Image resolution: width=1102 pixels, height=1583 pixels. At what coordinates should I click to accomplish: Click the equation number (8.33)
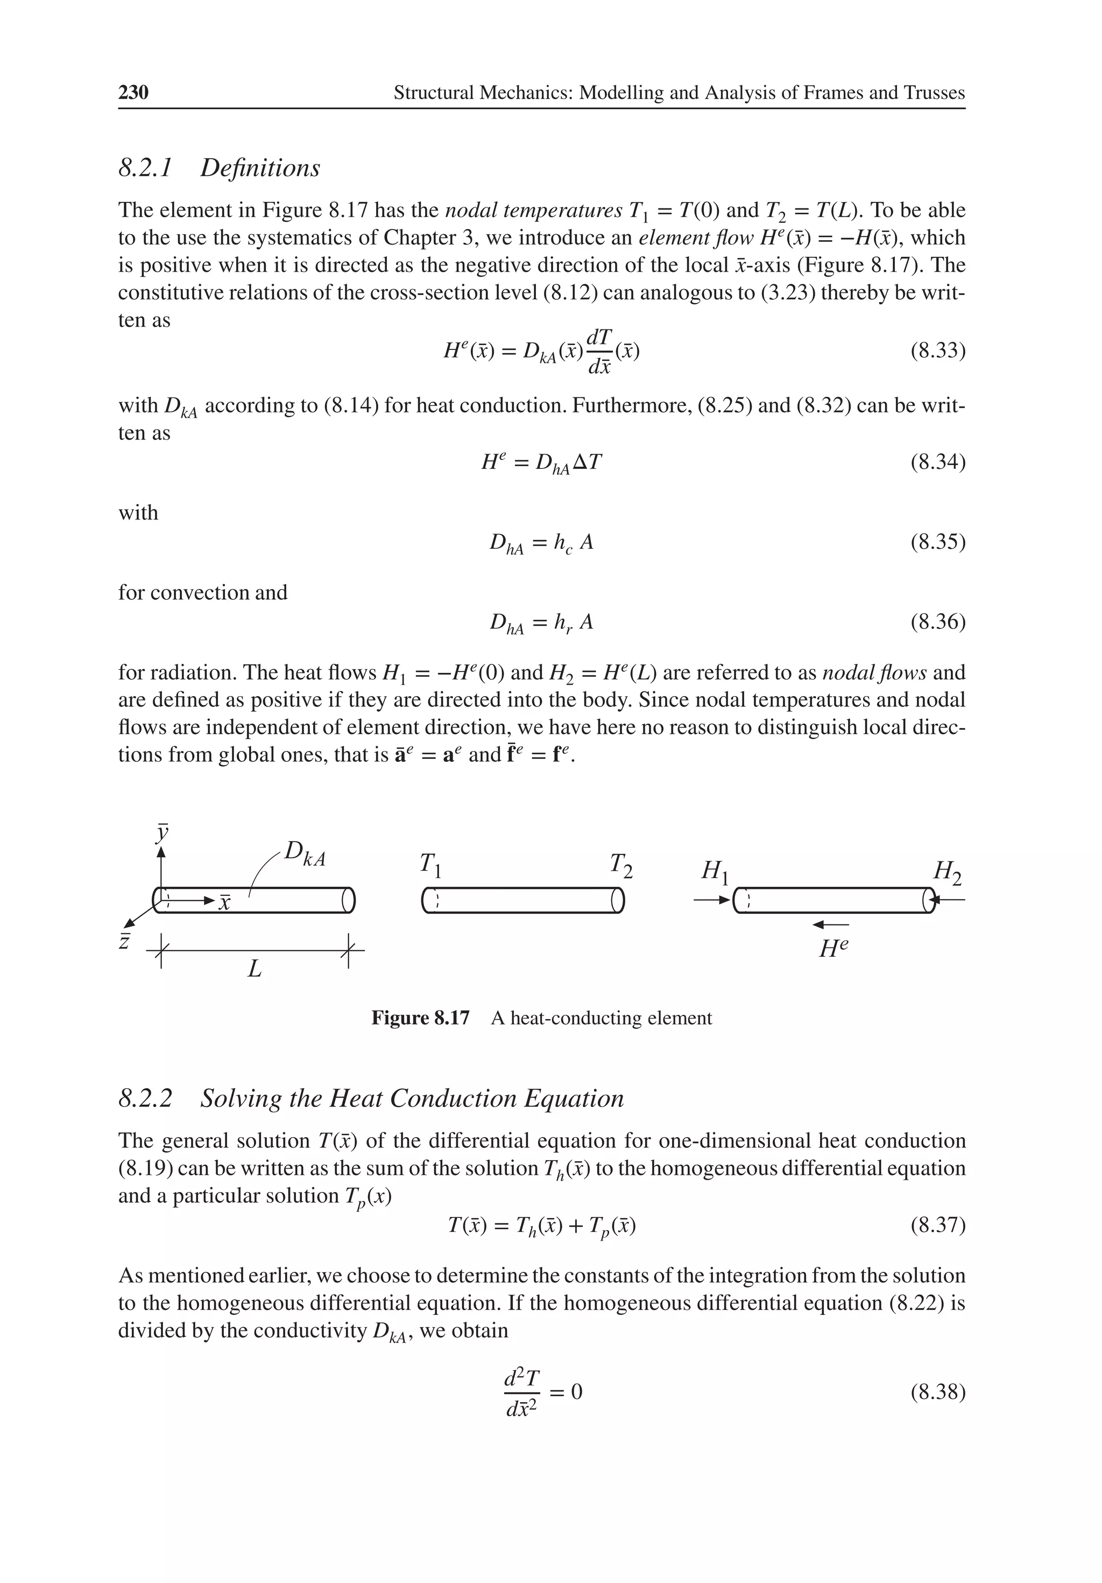click(937, 351)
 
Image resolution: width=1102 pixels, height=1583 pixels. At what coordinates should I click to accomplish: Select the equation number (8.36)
click(937, 622)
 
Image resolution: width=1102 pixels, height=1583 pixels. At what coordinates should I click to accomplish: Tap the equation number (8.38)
click(937, 1392)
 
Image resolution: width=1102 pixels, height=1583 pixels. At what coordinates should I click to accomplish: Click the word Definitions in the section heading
click(260, 168)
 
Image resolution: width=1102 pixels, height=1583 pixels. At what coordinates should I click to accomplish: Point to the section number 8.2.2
click(145, 1098)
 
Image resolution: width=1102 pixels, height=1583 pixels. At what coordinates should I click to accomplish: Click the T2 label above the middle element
click(620, 865)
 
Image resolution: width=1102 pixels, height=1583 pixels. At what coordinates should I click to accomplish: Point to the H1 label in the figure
click(714, 872)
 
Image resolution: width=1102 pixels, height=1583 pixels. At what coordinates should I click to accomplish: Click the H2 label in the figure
click(947, 872)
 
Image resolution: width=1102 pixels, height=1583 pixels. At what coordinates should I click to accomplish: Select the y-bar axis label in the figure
click(162, 832)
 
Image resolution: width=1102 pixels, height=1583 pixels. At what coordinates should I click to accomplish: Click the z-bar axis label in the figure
click(125, 941)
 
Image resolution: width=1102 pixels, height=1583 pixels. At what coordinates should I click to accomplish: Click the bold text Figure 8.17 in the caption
click(420, 1018)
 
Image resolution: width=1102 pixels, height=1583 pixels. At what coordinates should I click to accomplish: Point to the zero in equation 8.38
click(577, 1392)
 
